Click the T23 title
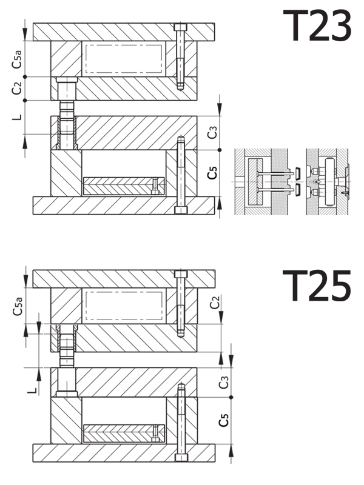point(317,25)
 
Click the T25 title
point(317,285)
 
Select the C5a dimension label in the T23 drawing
point(17,59)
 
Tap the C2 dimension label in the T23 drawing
point(17,88)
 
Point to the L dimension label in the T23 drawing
point(18,117)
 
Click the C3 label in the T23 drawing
point(212,132)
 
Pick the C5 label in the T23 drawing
point(212,173)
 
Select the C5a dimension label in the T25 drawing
point(18,306)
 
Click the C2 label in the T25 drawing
point(215,302)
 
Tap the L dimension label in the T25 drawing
point(32,391)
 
